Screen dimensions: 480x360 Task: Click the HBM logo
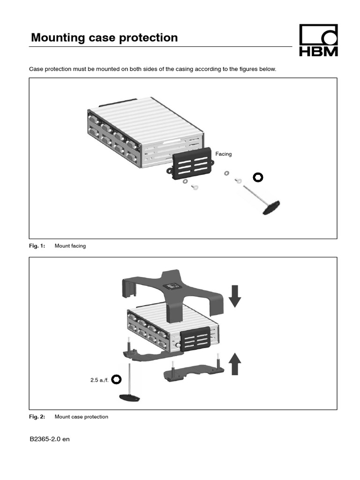pyautogui.click(x=318, y=41)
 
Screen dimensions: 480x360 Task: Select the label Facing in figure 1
pyautogui.click(x=223, y=154)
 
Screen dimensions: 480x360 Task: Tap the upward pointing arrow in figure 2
pyautogui.click(x=235, y=364)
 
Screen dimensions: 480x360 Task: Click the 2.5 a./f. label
pyautogui.click(x=99, y=380)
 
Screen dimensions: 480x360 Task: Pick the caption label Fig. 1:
pyautogui.click(x=37, y=246)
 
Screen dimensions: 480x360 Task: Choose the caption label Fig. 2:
pyautogui.click(x=37, y=417)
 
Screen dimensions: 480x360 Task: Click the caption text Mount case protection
pyautogui.click(x=82, y=417)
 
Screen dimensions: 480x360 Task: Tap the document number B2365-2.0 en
pyautogui.click(x=49, y=440)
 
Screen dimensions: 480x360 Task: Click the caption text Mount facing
pyautogui.click(x=70, y=246)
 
